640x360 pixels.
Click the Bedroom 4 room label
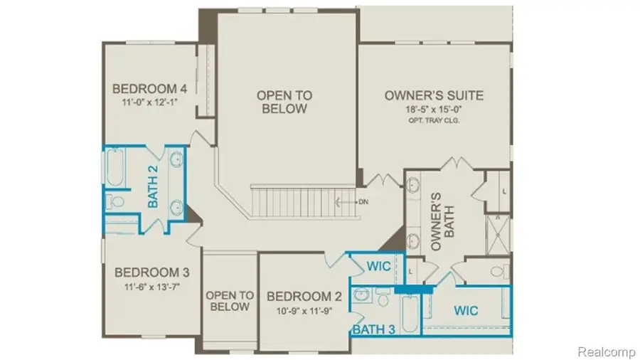pyautogui.click(x=150, y=89)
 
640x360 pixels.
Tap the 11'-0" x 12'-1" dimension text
pyautogui.click(x=150, y=102)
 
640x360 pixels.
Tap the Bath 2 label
pyautogui.click(x=153, y=186)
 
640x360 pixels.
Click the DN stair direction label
pyautogui.click(x=363, y=201)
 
